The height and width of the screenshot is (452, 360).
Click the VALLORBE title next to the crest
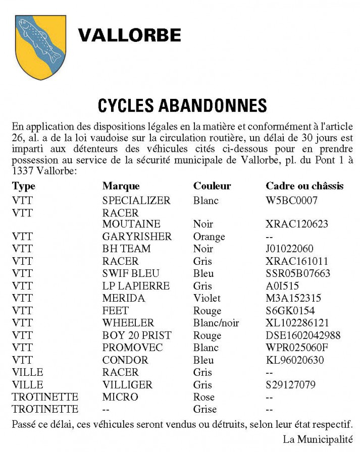coord(130,35)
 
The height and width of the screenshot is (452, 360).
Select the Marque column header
coord(121,186)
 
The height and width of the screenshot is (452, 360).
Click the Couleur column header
coord(212,186)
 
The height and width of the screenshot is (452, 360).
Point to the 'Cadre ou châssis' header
coord(304,186)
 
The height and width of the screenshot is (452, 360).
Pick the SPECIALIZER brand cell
coord(136,200)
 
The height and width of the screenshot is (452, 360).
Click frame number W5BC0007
coord(291,200)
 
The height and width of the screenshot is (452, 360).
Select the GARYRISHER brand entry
coord(137,237)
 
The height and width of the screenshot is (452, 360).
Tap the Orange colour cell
coord(209,237)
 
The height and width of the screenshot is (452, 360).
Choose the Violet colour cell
coord(207,298)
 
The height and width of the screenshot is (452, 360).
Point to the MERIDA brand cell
coord(124,298)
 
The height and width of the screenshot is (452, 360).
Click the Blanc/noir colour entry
coord(216,323)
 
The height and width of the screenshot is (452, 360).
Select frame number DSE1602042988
coord(303,335)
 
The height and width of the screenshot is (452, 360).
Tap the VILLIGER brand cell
coord(127,385)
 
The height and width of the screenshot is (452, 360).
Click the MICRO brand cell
coord(120,397)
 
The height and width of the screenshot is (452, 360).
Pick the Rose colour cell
coord(204,397)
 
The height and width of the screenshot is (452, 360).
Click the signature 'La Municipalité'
coord(318,439)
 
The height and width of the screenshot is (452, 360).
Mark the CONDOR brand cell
coord(125,360)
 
